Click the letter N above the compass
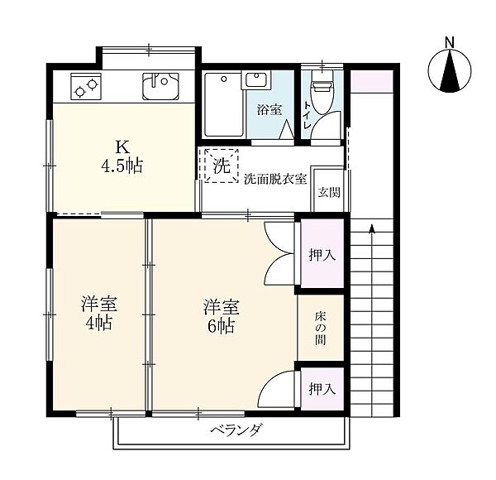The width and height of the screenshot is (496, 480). click(x=450, y=42)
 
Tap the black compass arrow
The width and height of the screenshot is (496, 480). click(x=450, y=71)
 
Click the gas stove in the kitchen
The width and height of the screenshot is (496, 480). click(x=86, y=87)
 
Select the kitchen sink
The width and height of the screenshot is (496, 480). click(x=160, y=86)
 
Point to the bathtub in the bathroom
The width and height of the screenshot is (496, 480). click(x=224, y=105)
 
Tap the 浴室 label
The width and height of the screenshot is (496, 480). click(x=269, y=110)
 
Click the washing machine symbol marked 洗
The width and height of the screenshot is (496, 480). click(x=221, y=166)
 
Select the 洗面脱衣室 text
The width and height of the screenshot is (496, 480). click(x=275, y=180)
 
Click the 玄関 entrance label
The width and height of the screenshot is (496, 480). click(x=329, y=192)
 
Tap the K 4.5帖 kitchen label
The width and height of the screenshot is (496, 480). click(x=122, y=156)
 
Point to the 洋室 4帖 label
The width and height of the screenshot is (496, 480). click(x=98, y=313)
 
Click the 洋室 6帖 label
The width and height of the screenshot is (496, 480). click(x=221, y=316)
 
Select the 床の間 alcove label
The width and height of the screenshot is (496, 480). click(x=320, y=329)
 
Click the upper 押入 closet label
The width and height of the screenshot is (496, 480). click(x=322, y=254)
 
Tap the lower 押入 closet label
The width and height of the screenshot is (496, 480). click(x=322, y=389)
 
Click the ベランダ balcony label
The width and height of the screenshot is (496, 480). click(x=236, y=430)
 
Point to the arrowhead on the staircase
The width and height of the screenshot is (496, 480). click(x=372, y=228)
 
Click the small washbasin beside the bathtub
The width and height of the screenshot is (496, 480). click(x=256, y=79)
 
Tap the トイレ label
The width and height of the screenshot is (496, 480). click(x=308, y=114)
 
